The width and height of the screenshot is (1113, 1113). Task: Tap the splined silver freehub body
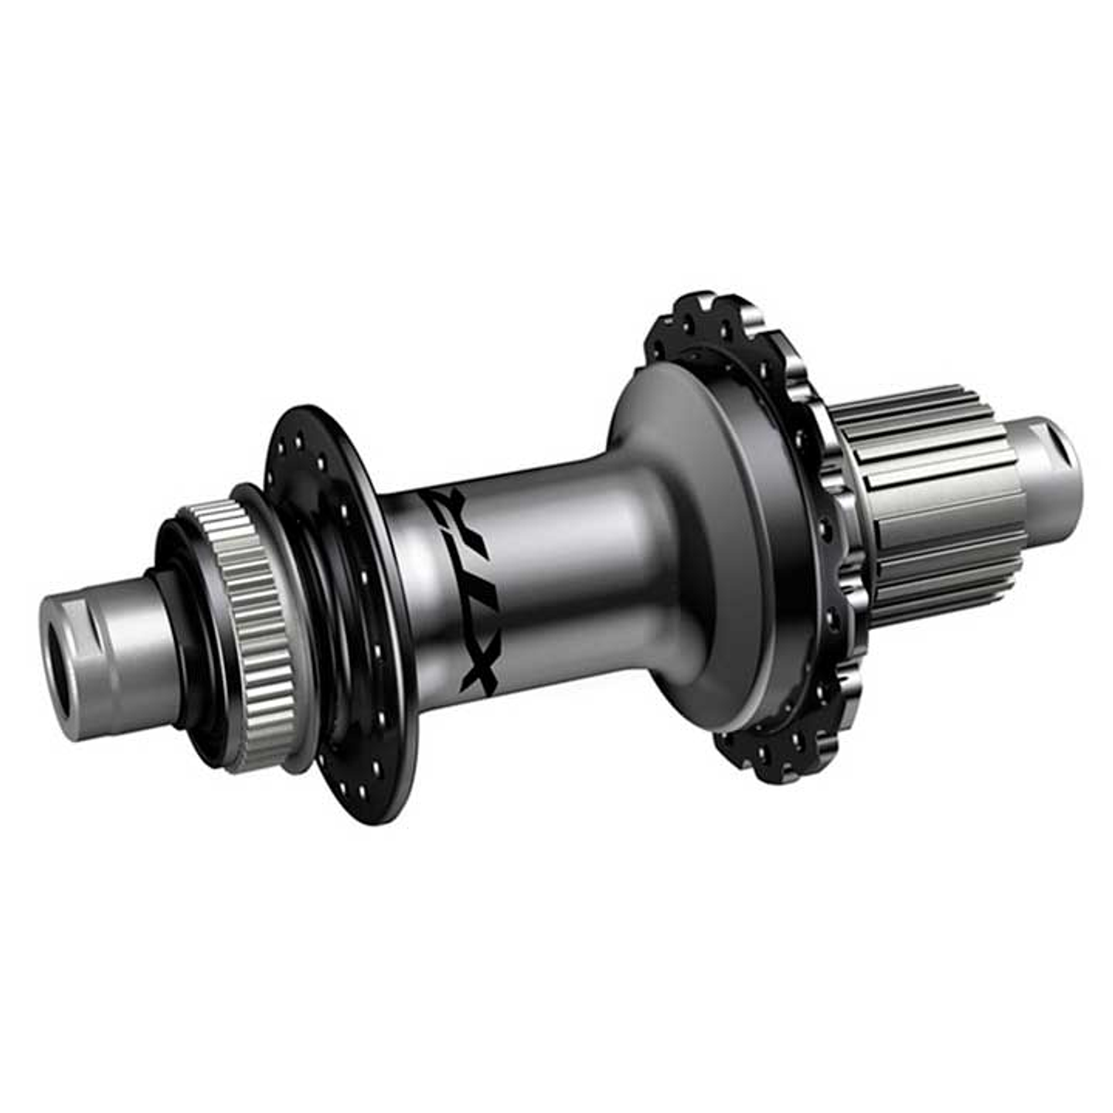tap(927, 502)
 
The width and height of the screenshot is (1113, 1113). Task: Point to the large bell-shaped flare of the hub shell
tap(696, 541)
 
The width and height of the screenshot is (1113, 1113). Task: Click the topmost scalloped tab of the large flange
tap(699, 305)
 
